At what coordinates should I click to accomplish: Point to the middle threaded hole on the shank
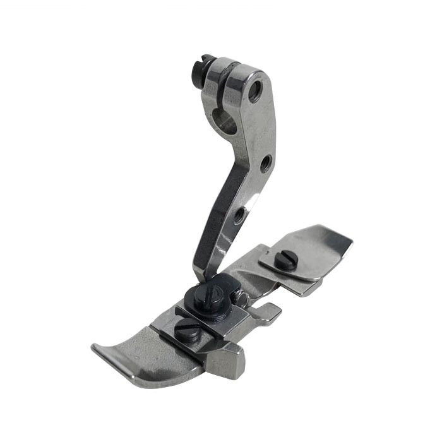tap(266, 163)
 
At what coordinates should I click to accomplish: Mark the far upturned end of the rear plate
tap(341, 240)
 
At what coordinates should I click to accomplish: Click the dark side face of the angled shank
tap(215, 202)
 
